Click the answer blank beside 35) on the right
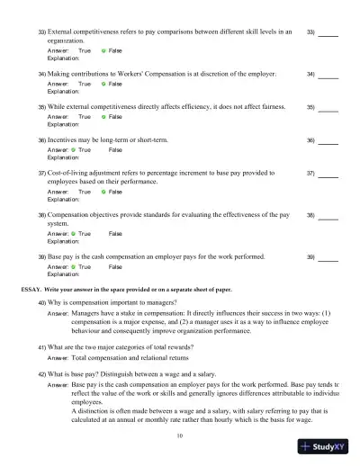(x=328, y=108)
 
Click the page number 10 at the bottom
(x=180, y=435)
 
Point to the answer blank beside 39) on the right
(x=328, y=258)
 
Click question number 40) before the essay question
(x=42, y=303)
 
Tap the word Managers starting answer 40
(x=86, y=315)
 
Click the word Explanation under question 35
(x=63, y=124)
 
